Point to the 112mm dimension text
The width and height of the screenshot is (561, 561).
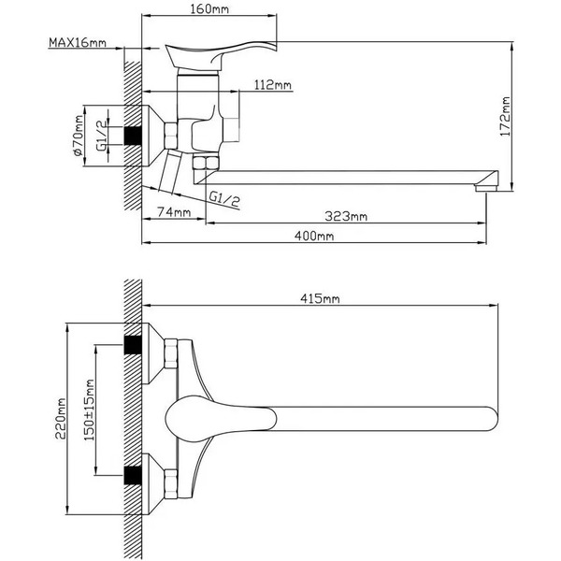point(272,85)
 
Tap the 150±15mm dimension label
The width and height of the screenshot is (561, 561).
point(90,417)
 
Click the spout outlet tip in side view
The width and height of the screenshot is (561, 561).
point(483,186)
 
